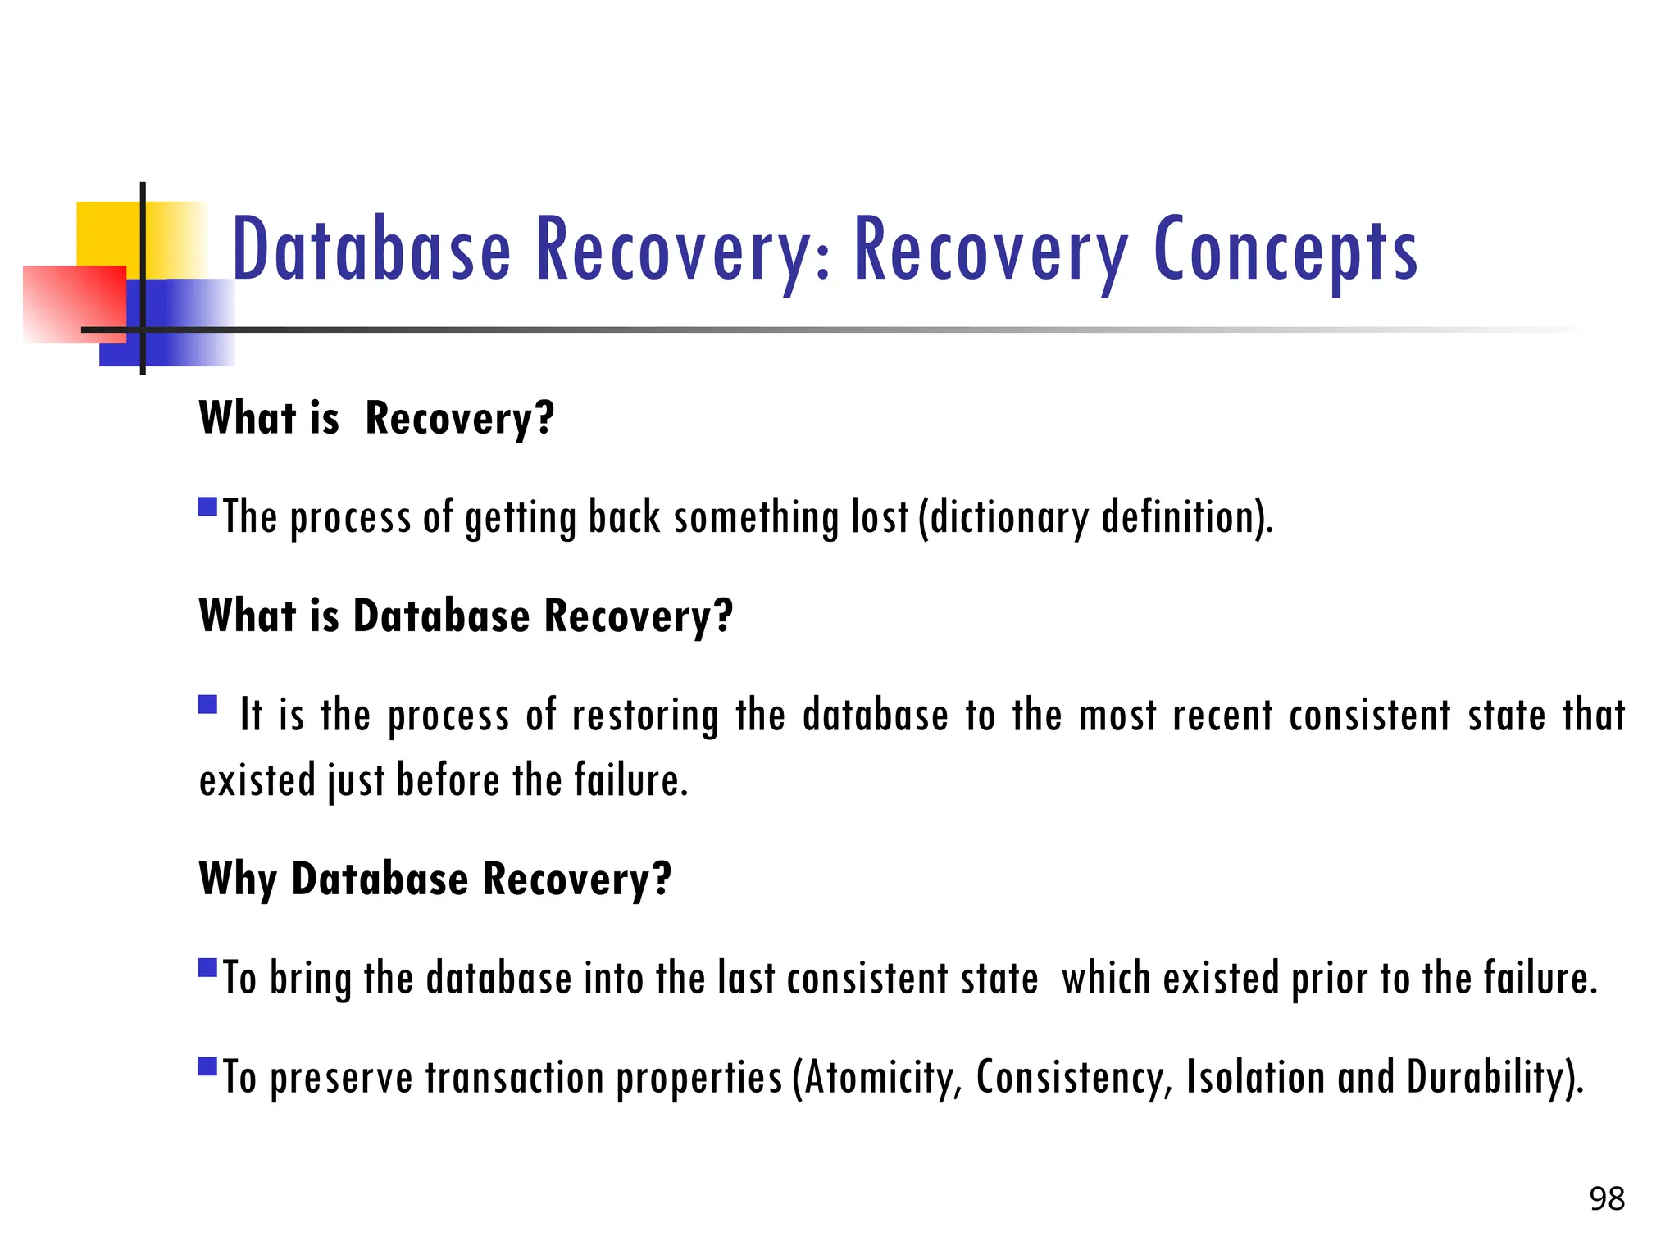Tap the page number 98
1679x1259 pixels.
coord(1606,1199)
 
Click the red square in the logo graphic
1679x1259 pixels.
coord(74,302)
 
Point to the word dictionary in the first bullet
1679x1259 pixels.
coord(1009,518)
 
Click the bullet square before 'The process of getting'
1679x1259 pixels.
coord(208,506)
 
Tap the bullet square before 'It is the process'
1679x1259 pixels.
coord(208,704)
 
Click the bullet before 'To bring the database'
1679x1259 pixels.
coord(208,968)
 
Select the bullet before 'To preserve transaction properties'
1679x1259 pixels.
coord(208,1066)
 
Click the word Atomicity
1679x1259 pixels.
coord(882,1077)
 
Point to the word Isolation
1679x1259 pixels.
coord(1255,1077)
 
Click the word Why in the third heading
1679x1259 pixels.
coord(238,880)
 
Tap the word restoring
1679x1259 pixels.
coord(645,716)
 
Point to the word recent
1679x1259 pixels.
coord(1222,716)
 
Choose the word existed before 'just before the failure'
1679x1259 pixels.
coord(257,780)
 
